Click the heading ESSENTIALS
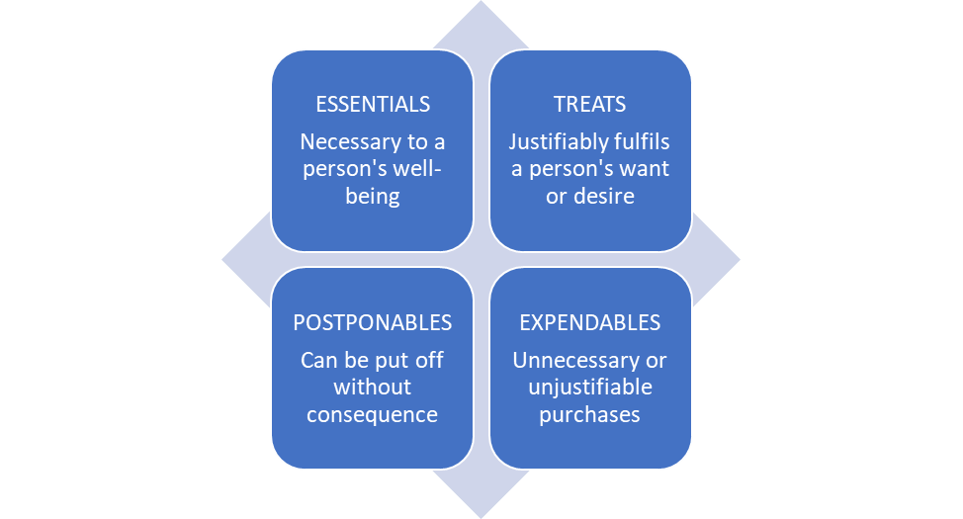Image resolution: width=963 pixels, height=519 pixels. point(372,104)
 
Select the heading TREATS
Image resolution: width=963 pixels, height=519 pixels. point(589,104)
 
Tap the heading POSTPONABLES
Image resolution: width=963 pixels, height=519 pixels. point(372,322)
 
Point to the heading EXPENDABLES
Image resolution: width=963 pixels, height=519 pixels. point(589,322)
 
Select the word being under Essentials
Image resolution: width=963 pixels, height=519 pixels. point(372,196)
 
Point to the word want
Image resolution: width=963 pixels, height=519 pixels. point(647,168)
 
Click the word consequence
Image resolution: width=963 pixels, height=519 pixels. point(372,414)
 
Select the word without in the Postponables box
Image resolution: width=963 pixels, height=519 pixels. point(372,387)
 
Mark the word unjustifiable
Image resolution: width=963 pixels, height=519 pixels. point(589,387)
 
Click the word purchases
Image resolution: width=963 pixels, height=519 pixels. point(589,414)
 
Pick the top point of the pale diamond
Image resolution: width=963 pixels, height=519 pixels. point(481,4)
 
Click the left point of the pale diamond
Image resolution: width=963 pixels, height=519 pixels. point(223,260)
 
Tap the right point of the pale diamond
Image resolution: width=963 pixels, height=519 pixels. point(739,260)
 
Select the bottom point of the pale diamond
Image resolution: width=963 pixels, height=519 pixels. point(481,515)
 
